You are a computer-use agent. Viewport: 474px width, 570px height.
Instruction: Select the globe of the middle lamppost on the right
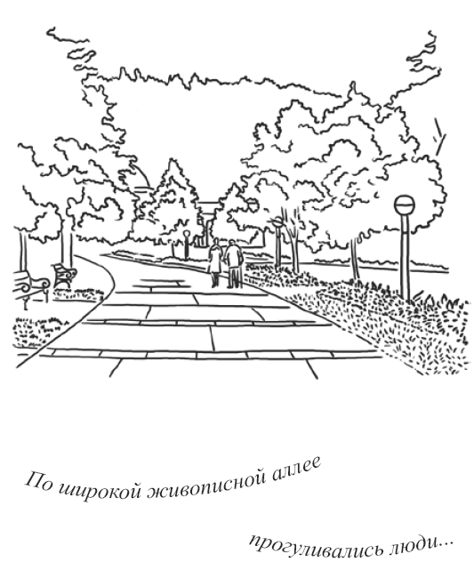pyautogui.click(x=277, y=221)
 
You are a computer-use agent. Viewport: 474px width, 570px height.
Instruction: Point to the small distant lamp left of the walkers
pyautogui.click(x=187, y=234)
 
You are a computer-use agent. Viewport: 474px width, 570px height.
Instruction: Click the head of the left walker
pyautogui.click(x=216, y=242)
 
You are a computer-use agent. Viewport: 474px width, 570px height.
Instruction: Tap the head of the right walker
pyautogui.click(x=233, y=243)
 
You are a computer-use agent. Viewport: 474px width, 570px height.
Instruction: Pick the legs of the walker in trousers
pyautogui.click(x=235, y=277)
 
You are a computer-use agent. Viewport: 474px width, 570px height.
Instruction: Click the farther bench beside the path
pyautogui.click(x=64, y=275)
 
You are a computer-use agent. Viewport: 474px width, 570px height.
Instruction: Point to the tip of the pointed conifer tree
pyautogui.click(x=171, y=159)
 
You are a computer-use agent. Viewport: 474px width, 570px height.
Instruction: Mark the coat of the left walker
pyautogui.click(x=214, y=259)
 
